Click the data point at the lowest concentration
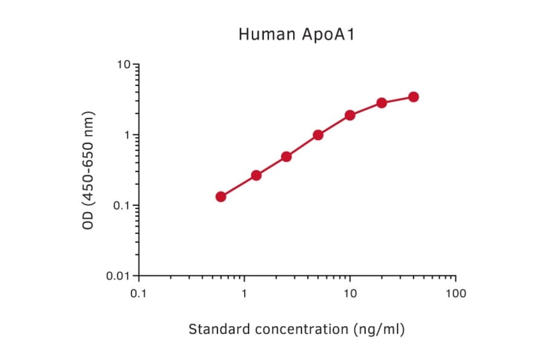(221, 196)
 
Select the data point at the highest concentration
(414, 97)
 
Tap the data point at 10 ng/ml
(350, 115)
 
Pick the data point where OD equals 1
(318, 135)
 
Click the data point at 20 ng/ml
(381, 103)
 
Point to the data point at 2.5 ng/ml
(286, 156)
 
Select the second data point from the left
(256, 175)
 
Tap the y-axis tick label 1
(127, 135)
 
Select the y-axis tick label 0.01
(119, 276)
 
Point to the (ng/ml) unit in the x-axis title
(378, 330)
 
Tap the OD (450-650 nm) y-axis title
(89, 170)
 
